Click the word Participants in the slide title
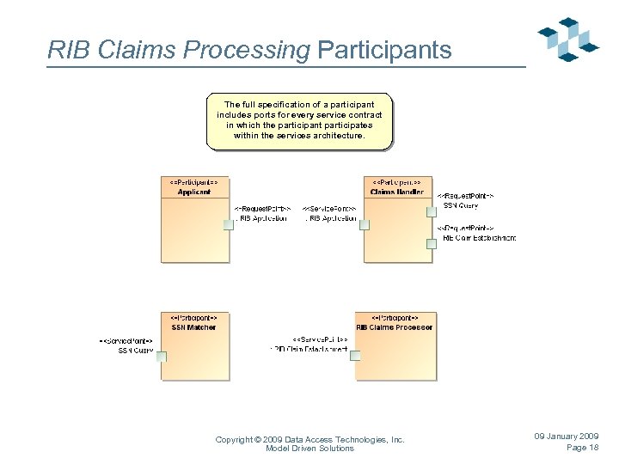point(384,51)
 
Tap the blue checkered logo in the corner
point(568,39)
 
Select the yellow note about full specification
point(299,120)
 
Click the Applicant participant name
point(194,192)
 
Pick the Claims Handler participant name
point(396,192)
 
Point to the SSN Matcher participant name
point(194,327)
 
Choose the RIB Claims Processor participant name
point(395,327)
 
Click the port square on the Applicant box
point(229,225)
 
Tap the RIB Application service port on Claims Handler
point(365,225)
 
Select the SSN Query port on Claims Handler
point(432,205)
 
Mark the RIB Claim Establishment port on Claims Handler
point(432,243)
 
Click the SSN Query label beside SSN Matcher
point(136,351)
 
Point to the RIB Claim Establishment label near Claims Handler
point(479,238)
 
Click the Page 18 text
point(582,448)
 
